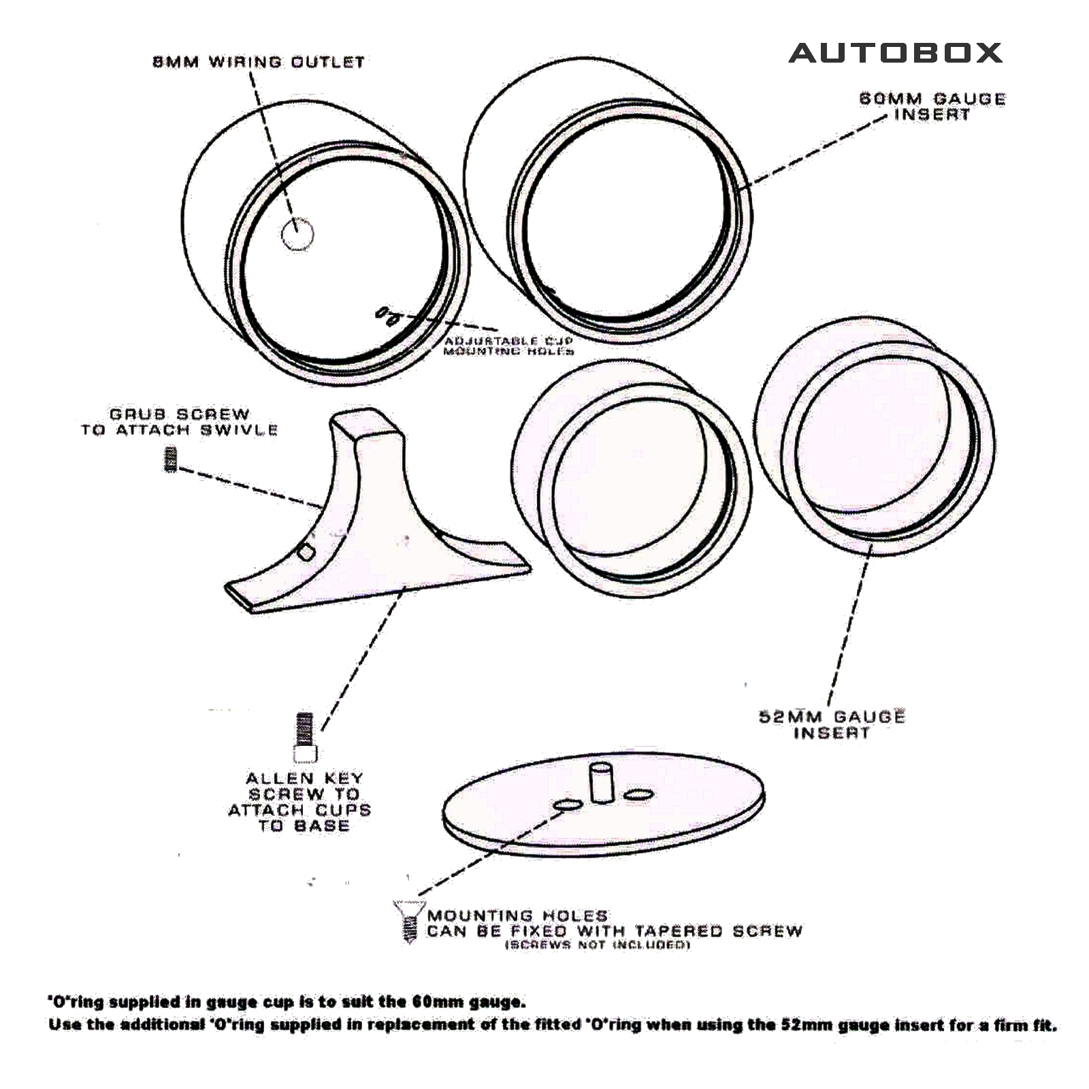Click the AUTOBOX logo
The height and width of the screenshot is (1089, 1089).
coord(895,53)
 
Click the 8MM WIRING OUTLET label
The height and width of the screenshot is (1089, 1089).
coord(259,62)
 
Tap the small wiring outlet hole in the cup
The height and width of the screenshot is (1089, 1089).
coord(297,235)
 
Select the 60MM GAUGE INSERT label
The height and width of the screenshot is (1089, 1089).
coord(932,106)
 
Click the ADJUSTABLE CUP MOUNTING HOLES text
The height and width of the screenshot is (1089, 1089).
coord(508,346)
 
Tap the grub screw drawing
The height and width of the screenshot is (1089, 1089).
coord(171,459)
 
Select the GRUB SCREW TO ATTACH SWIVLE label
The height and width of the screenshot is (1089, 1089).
coord(180,422)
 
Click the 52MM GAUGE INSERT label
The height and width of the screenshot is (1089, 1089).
coord(832,724)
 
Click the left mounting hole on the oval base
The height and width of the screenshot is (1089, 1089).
coord(568,805)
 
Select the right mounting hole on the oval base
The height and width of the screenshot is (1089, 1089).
coord(638,794)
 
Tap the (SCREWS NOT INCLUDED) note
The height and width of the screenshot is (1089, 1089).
coord(597,945)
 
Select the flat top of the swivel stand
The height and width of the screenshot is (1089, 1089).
coord(365,422)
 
